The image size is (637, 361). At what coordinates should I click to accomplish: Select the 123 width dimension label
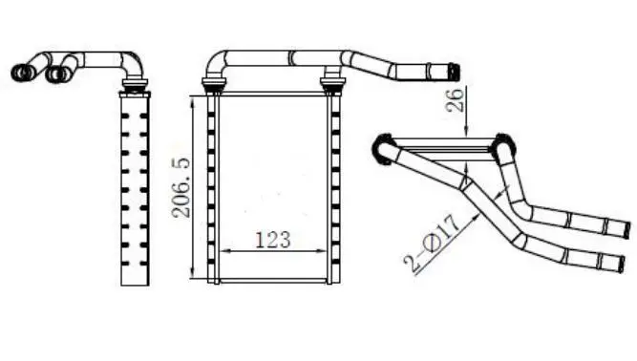[273, 240]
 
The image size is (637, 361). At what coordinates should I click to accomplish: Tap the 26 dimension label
[455, 100]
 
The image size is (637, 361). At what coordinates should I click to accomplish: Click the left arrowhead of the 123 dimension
[224, 251]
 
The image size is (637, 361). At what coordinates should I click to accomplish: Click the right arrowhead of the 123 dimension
[322, 251]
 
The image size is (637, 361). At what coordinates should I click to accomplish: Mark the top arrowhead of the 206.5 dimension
[193, 100]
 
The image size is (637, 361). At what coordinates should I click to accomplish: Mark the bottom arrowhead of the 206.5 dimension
[193, 274]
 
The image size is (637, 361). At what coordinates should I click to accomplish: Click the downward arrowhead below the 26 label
[467, 131]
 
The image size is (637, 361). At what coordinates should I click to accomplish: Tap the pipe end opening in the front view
[454, 73]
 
